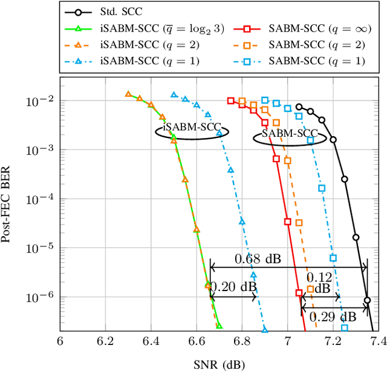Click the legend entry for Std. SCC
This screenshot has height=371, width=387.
click(119, 11)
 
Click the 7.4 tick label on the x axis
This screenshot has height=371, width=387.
click(378, 342)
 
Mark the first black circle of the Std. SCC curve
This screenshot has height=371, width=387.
click(299, 107)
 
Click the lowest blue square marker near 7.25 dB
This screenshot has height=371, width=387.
click(344, 327)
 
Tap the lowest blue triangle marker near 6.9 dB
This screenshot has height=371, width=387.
click(265, 329)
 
